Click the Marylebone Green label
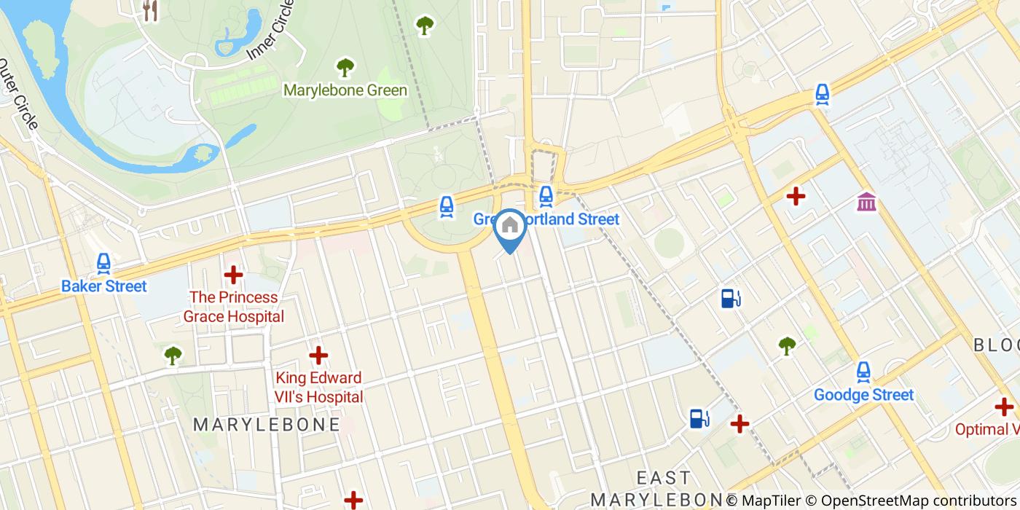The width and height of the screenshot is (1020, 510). [345, 90]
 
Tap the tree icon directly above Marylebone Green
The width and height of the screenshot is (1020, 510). [345, 68]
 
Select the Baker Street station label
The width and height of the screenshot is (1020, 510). [104, 286]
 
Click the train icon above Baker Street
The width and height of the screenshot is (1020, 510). [103, 263]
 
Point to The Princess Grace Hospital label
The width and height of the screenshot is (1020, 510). [233, 307]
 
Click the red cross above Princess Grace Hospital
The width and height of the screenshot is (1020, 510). [233, 275]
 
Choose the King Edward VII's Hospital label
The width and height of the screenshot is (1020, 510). [318, 387]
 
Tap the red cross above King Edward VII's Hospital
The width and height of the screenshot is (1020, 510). [318, 356]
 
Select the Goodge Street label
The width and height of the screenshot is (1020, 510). [863, 395]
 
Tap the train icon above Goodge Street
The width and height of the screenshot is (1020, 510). [863, 372]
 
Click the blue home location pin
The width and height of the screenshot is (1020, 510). [510, 227]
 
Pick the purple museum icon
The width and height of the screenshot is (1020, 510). [866, 201]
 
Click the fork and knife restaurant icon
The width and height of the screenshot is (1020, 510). [150, 9]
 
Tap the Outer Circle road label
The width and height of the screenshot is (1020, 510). [17, 94]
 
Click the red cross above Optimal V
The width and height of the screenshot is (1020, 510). [1004, 407]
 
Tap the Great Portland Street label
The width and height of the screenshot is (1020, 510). [546, 219]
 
